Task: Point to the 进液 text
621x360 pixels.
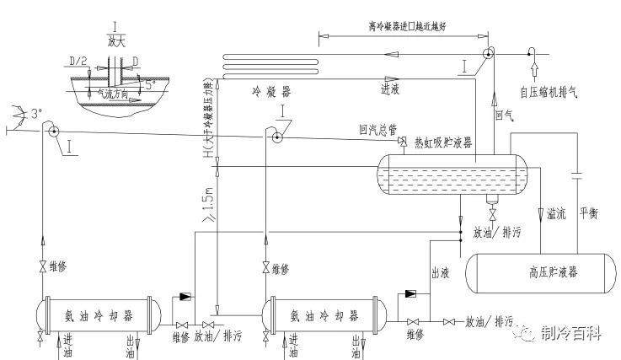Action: (x=393, y=87)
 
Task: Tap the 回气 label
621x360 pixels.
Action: (x=504, y=113)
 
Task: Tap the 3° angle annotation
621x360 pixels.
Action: (x=34, y=112)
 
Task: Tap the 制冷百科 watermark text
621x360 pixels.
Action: (x=572, y=335)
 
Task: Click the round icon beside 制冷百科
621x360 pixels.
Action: (x=528, y=335)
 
